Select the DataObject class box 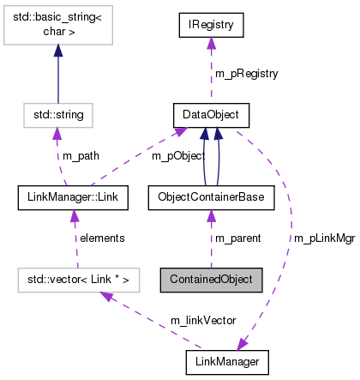211,113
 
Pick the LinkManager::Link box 72,198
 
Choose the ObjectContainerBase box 211,198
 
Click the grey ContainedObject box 211,280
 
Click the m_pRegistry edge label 247,74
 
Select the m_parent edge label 237,238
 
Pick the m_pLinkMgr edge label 323,238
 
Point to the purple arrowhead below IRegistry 211,45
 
